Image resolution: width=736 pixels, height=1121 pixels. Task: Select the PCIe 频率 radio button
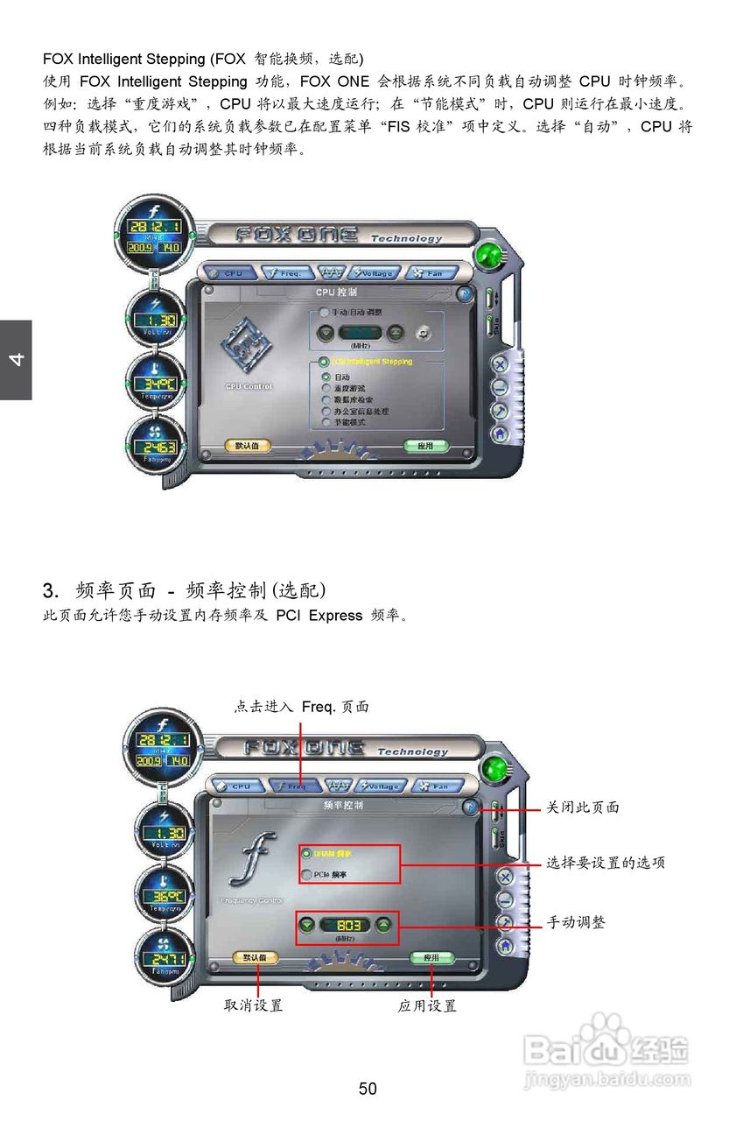[306, 873]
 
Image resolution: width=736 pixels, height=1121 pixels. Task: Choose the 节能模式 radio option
[326, 422]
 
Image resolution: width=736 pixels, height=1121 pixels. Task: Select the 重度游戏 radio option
[326, 387]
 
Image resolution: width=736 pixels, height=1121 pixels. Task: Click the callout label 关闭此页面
[583, 807]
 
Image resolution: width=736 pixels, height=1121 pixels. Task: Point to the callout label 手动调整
[576, 922]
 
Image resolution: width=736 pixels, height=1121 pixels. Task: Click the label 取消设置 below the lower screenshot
[254, 1006]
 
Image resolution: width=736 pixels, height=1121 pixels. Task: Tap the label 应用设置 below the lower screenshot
[427, 1006]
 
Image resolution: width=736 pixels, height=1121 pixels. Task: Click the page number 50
[368, 1089]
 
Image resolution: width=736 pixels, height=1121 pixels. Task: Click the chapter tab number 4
[16, 360]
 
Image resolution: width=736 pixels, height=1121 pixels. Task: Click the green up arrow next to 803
[385, 925]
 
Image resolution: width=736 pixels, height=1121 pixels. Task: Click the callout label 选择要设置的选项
[606, 863]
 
